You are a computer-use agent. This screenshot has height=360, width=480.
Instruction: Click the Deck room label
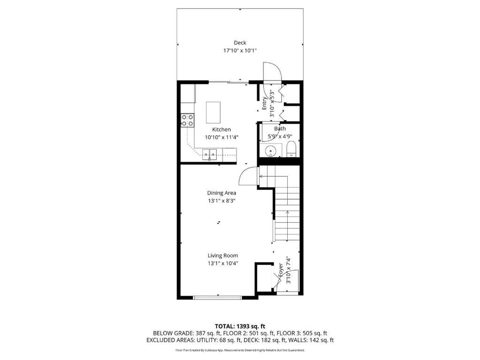point(240,43)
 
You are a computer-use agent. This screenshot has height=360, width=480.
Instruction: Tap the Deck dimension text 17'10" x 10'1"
point(240,51)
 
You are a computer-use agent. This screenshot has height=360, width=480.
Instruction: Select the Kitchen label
point(221,130)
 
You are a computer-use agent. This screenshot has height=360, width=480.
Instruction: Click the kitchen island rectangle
point(213,112)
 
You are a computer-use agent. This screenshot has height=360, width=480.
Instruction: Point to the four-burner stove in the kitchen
point(187,120)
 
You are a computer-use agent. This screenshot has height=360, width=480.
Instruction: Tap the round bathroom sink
point(271,151)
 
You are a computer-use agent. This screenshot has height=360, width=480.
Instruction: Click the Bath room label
point(280,129)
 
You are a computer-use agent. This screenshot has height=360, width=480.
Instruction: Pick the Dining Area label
point(221,193)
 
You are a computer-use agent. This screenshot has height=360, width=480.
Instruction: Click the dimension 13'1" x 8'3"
point(221,201)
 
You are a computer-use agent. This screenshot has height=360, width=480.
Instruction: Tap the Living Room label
point(222,255)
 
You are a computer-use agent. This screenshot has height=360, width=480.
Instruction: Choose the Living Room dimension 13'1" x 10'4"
point(222,263)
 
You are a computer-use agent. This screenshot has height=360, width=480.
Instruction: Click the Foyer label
point(281,270)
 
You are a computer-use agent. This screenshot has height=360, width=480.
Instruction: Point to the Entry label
point(265,103)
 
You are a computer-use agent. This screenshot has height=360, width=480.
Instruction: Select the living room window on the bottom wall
point(217,297)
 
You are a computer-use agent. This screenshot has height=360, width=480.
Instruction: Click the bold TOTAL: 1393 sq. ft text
point(240,326)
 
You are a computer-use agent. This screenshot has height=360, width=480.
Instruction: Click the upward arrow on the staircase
point(287,226)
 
